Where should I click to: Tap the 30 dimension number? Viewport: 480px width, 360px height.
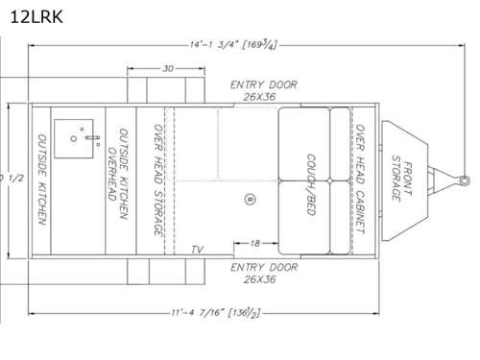pos(168,68)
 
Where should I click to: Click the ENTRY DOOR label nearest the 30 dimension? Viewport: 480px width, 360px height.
pos(264,90)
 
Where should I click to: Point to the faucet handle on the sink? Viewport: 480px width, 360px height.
pos(94,139)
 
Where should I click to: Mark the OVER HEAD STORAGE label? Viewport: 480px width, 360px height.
pos(156,180)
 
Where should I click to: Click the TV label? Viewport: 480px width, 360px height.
pos(197,250)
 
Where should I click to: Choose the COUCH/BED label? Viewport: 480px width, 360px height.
pos(311,182)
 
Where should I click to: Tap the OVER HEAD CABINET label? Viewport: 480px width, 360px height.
pos(360,180)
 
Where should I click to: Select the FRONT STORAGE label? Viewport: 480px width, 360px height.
pos(401,179)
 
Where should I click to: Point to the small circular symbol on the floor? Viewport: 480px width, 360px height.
pos(249,199)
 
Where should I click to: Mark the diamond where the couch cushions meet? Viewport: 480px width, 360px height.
pos(328,180)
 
